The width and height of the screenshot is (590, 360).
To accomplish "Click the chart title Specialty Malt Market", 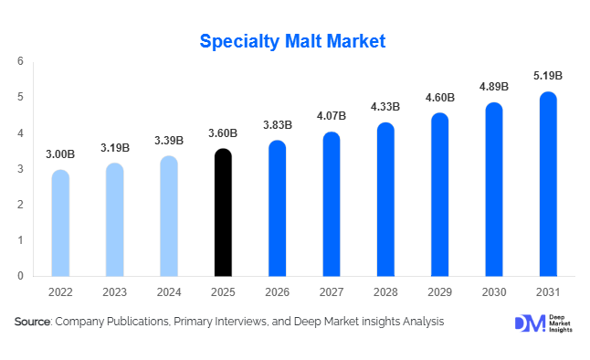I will coord(292,41).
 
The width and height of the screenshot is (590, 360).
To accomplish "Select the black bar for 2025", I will coord(223,213).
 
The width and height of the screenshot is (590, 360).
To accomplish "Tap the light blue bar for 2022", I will coord(60,223).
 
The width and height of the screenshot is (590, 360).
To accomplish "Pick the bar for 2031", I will coord(548,184).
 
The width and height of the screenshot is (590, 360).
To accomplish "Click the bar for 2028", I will coord(385,199).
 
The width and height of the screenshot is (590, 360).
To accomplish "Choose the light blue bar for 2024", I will coord(169,217).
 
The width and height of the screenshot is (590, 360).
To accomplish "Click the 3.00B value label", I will coord(60,154).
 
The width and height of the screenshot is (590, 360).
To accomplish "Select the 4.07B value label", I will coord(332,116).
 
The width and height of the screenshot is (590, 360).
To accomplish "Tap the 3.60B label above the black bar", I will coord(223,133).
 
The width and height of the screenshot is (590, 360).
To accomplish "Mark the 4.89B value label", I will coord(494,87).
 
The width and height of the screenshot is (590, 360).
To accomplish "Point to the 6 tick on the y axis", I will coord(20,61).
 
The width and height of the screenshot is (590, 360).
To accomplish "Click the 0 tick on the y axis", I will coord(20,275).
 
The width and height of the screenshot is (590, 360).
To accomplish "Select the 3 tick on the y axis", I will coord(20,168).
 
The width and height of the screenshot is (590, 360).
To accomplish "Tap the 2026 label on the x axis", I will coord(278,291).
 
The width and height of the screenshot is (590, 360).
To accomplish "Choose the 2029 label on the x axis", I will coord(439,291).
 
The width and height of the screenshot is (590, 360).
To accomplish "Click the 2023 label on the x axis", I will coord(115,291).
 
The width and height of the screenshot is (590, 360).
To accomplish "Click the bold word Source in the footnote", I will coord(32,322).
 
